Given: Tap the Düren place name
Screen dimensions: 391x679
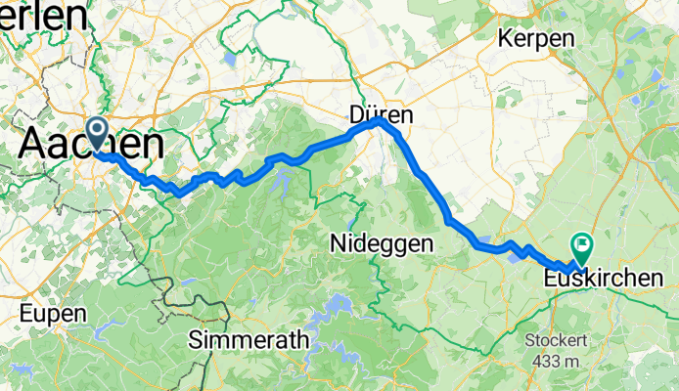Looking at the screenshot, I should coord(381,115).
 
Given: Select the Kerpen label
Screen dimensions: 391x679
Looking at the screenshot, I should coord(535,38).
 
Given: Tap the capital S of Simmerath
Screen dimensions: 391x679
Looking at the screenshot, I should coord(196,341).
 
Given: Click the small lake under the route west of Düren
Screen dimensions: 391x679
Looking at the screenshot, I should coord(282,177).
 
